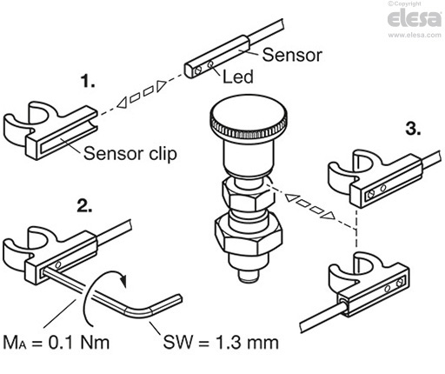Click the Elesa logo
415,18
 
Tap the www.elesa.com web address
415,35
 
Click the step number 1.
88,81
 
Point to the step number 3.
413,129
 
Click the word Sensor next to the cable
292,55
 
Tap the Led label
238,77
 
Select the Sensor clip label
130,153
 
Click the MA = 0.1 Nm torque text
56,343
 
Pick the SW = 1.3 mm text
221,342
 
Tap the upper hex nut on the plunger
249,195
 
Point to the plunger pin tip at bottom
249,276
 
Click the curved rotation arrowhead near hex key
124,280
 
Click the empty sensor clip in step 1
50,130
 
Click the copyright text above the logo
404,3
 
